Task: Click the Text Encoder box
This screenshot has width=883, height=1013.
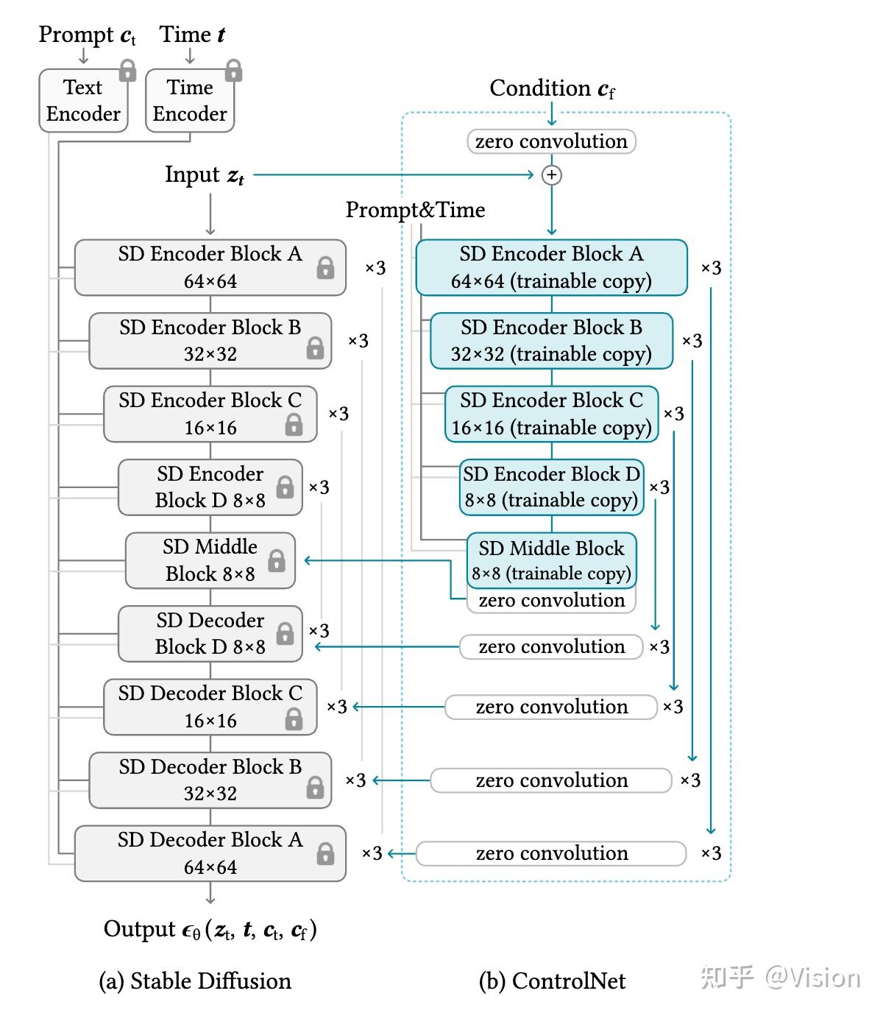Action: [x=82, y=101]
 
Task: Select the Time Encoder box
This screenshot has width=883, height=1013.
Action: [x=189, y=101]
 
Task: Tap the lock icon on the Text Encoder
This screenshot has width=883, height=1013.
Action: [x=128, y=71]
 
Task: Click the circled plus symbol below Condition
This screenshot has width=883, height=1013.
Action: [x=551, y=175]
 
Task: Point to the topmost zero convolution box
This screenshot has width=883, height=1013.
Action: [x=551, y=141]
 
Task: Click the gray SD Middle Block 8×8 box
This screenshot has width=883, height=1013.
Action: [x=210, y=560]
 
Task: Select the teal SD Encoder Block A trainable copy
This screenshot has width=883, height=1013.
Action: [x=551, y=267]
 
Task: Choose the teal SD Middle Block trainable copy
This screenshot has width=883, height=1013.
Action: [x=551, y=560]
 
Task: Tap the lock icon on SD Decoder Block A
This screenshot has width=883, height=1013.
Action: [x=325, y=853]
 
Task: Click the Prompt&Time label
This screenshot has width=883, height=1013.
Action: [x=415, y=211]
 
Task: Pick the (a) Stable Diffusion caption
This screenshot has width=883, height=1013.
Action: [x=195, y=981]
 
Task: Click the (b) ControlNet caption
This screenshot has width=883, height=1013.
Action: [x=552, y=981]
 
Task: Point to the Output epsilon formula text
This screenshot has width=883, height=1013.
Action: [x=210, y=930]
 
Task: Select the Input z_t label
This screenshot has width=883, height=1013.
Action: [x=205, y=175]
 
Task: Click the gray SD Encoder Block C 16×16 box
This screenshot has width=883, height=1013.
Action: [x=210, y=414]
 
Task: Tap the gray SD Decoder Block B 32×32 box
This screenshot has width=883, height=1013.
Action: [x=210, y=780]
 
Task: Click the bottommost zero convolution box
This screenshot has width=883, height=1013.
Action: [x=551, y=853]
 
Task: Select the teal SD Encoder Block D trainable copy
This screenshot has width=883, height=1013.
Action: [x=551, y=487]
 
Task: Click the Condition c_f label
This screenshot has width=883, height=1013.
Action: [x=552, y=89]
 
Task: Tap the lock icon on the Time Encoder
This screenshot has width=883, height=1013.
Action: [x=234, y=71]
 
